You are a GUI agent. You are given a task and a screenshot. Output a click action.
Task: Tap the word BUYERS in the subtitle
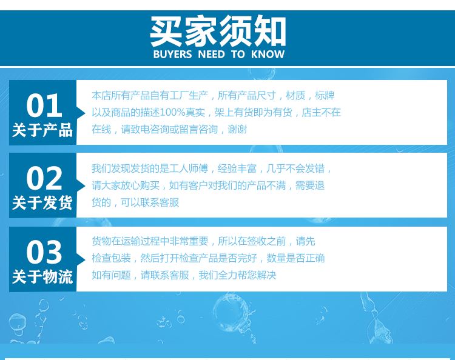(x=173, y=55)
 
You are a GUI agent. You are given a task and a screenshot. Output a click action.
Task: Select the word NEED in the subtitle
(x=211, y=55)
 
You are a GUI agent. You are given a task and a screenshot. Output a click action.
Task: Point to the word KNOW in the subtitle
(x=268, y=55)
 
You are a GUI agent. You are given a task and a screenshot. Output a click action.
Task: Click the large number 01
(x=44, y=105)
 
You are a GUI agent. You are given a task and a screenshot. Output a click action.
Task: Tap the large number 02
(x=44, y=178)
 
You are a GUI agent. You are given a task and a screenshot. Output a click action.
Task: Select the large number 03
(x=44, y=252)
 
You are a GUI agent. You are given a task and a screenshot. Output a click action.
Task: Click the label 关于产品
(x=42, y=130)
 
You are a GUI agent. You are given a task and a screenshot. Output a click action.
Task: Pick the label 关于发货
(x=42, y=202)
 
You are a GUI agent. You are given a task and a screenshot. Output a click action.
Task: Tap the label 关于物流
(x=42, y=276)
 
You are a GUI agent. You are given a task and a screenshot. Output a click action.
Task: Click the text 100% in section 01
(x=172, y=113)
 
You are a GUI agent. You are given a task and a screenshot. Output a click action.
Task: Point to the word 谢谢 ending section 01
(x=237, y=129)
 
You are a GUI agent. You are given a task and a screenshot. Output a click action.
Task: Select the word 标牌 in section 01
(x=325, y=95)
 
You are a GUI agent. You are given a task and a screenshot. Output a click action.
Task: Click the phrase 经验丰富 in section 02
(x=237, y=168)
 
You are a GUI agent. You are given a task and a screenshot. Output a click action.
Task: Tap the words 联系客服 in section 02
(x=160, y=202)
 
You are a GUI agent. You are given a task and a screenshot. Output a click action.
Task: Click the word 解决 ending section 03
(x=266, y=275)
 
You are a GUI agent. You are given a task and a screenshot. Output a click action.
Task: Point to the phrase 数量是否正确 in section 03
(x=295, y=258)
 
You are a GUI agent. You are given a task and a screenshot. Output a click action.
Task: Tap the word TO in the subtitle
(x=238, y=55)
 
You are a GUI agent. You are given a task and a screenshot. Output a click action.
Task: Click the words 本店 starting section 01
(x=101, y=95)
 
